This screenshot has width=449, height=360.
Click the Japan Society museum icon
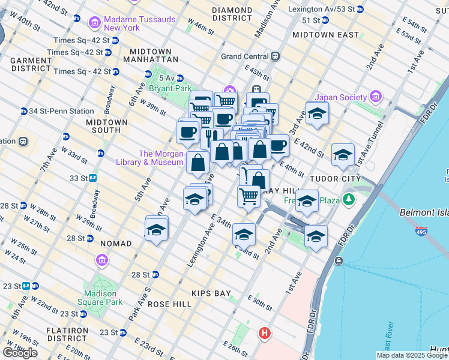click(376, 97)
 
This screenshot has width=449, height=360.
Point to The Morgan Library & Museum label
click(161, 158)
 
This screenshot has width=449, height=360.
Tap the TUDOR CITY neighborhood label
click(334, 179)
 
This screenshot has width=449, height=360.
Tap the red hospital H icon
click(264, 332)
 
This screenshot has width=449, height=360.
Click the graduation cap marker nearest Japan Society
click(316, 113)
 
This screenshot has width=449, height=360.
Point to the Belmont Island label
click(424, 212)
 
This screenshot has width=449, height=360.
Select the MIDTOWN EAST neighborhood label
click(321, 35)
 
